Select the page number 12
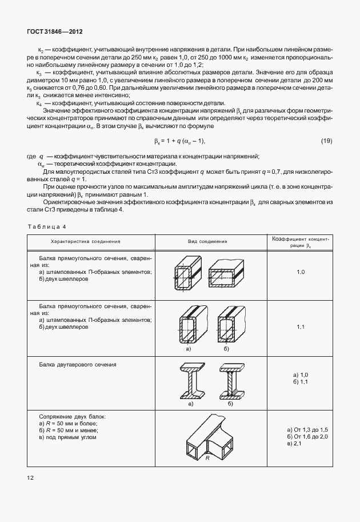[x=29, y=476]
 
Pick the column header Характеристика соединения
[x=85, y=241]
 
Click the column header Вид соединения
[x=208, y=241]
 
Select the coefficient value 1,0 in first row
[x=301, y=273]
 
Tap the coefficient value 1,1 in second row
[x=301, y=326]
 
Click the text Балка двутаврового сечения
[x=78, y=364]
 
